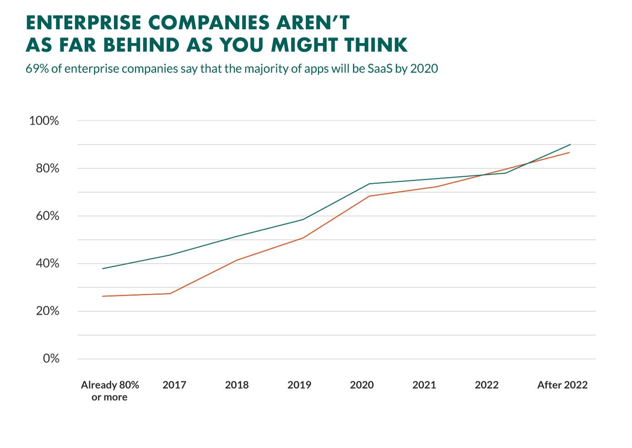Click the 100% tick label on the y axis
44,121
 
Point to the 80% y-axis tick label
47,168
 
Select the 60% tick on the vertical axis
47,216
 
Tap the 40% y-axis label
47,264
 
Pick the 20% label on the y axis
47,311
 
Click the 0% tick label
51,359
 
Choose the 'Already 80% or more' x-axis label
110,391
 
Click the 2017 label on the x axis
174,385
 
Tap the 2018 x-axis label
237,385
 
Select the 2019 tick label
299,385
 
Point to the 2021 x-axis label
424,385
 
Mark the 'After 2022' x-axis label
562,385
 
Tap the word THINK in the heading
376,45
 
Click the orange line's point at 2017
170,293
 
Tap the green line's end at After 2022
570,145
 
